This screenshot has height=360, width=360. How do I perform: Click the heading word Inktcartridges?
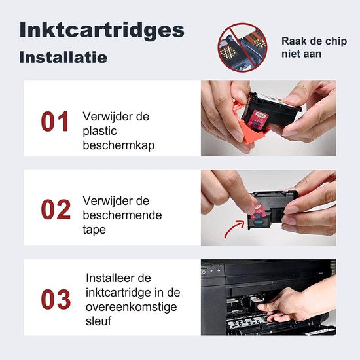pyautogui.click(x=101, y=29)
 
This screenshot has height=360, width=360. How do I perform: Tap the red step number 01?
pyautogui.click(x=55, y=122)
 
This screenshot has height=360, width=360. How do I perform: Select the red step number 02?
pyautogui.click(x=55, y=209)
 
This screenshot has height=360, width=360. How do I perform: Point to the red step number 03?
pyautogui.click(x=55, y=299)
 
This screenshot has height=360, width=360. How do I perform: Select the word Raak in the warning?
pyautogui.click(x=293, y=41)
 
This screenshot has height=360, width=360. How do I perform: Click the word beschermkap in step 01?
pyautogui.click(x=118, y=145)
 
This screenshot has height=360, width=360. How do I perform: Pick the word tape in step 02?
pyautogui.click(x=95, y=230)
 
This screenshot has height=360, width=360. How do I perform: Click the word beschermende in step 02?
pyautogui.click(x=122, y=215)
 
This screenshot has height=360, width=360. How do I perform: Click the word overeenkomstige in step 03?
pyautogui.click(x=130, y=306)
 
